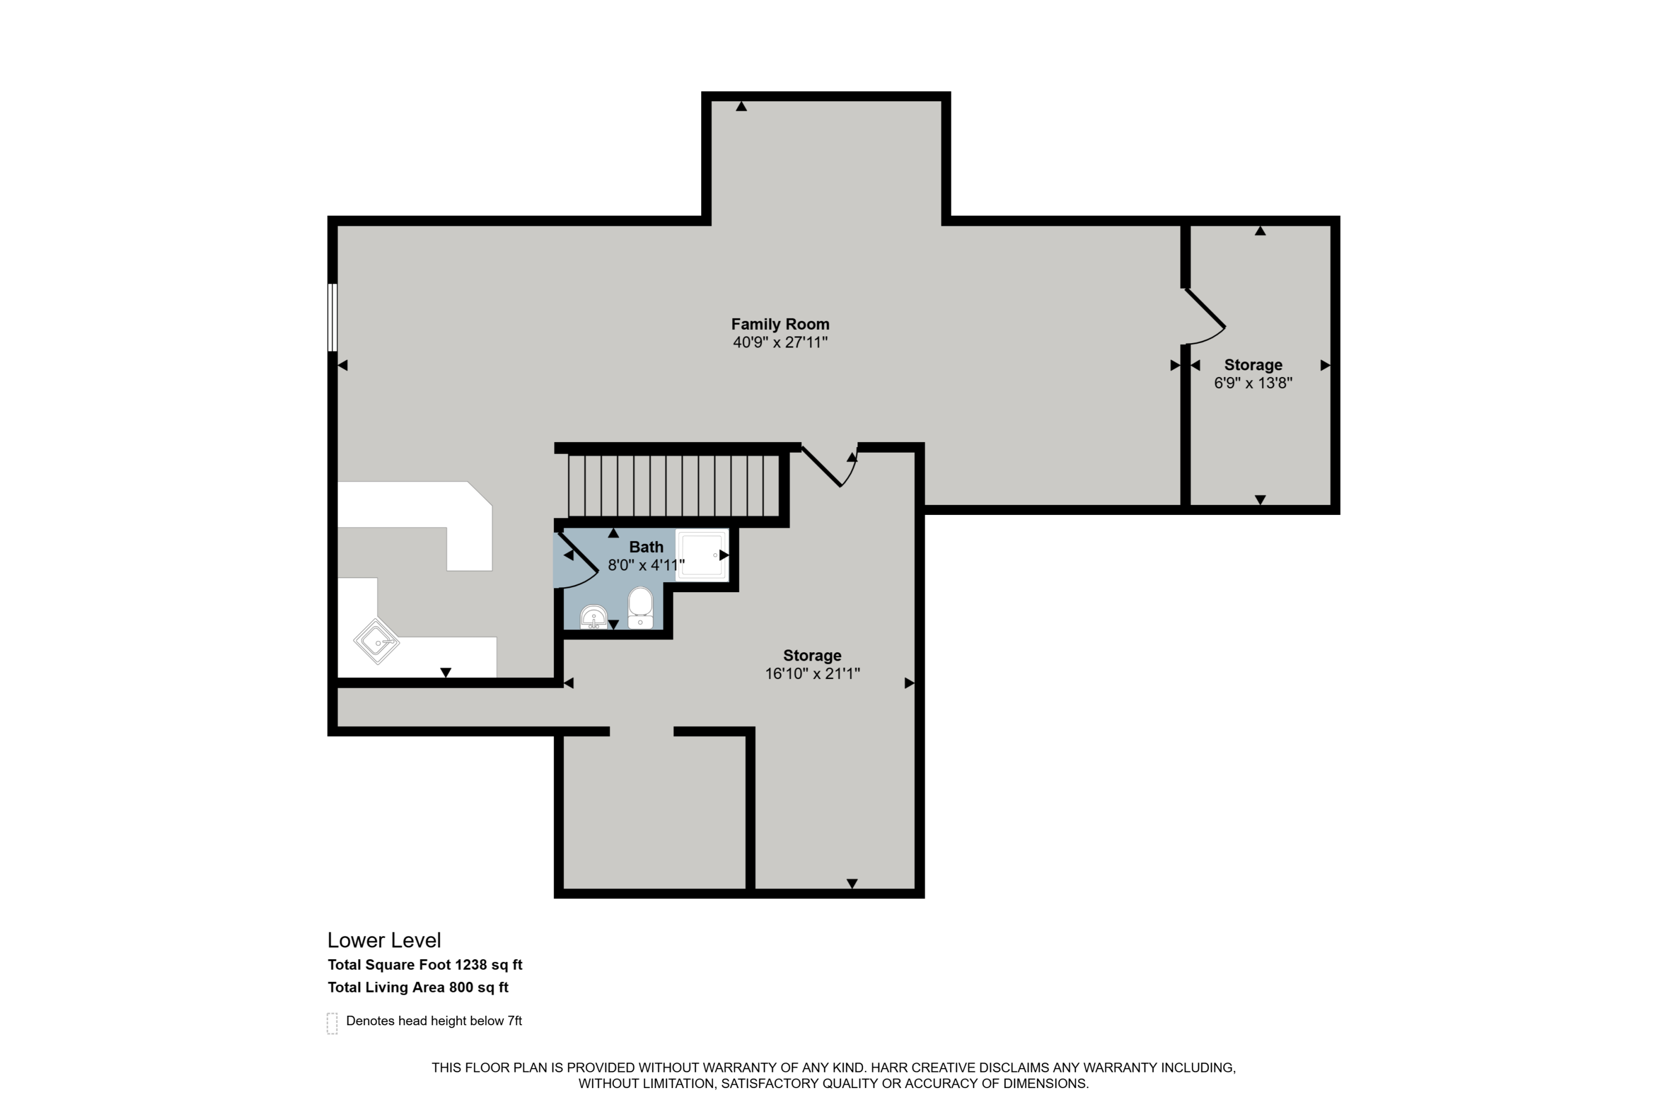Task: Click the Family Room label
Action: (x=780, y=324)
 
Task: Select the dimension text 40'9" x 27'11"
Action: (x=780, y=342)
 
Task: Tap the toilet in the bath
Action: (x=641, y=607)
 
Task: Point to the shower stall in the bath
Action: (x=701, y=554)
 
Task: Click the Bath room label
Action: (x=646, y=547)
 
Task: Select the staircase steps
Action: (x=674, y=486)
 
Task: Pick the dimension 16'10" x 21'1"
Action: (x=812, y=674)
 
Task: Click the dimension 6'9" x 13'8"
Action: (x=1253, y=383)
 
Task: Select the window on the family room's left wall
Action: (x=332, y=317)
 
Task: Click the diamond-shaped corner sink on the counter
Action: (x=376, y=642)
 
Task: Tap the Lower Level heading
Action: (x=384, y=940)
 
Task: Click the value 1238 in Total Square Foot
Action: (x=471, y=965)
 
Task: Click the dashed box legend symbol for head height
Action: (x=332, y=1024)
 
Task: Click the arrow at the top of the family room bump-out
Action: (x=741, y=106)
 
